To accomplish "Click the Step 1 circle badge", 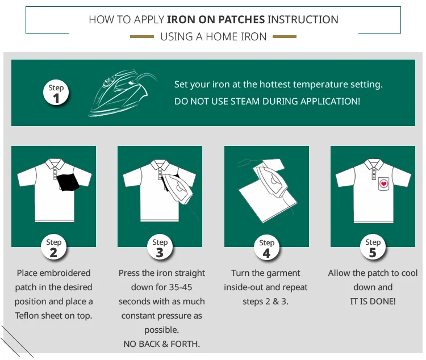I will tap(56, 93).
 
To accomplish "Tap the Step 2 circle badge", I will tap(53, 248).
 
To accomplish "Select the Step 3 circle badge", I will tap(160, 248).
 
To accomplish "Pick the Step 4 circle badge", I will tap(266, 248).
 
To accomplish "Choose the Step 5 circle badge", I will tap(373, 248).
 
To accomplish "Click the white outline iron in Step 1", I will tap(122, 93).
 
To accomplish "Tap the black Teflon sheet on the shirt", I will tap(69, 182).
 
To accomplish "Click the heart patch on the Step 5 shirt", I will tap(384, 184).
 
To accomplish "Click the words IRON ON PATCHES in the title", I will tap(216, 20).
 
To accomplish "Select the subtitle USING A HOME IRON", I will tap(213, 37).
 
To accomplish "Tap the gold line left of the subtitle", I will tap(141, 37).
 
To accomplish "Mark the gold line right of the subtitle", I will tap(285, 37).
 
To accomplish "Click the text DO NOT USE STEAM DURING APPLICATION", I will tap(267, 101).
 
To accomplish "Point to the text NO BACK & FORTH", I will tap(161, 344).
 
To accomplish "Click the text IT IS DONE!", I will tap(373, 302).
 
